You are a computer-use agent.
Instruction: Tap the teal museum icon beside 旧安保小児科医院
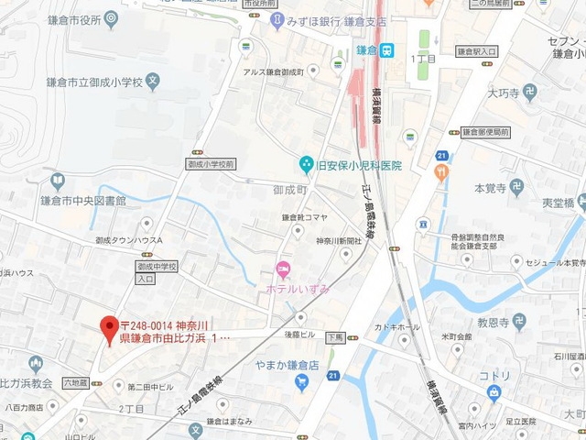coord(306,165)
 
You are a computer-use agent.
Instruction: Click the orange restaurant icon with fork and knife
coord(442,172)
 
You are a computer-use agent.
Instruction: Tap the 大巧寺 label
coord(504,93)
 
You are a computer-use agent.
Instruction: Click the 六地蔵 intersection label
coord(75,381)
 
